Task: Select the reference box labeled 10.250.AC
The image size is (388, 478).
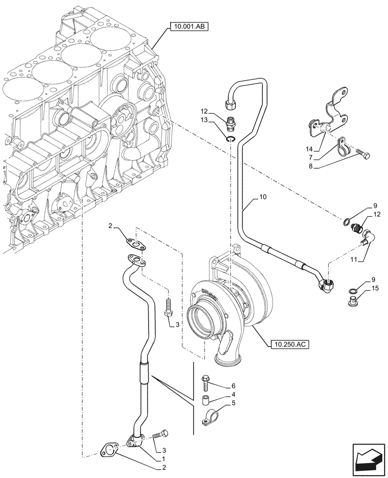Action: (x=290, y=344)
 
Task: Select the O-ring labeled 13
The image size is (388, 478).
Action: (x=231, y=140)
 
